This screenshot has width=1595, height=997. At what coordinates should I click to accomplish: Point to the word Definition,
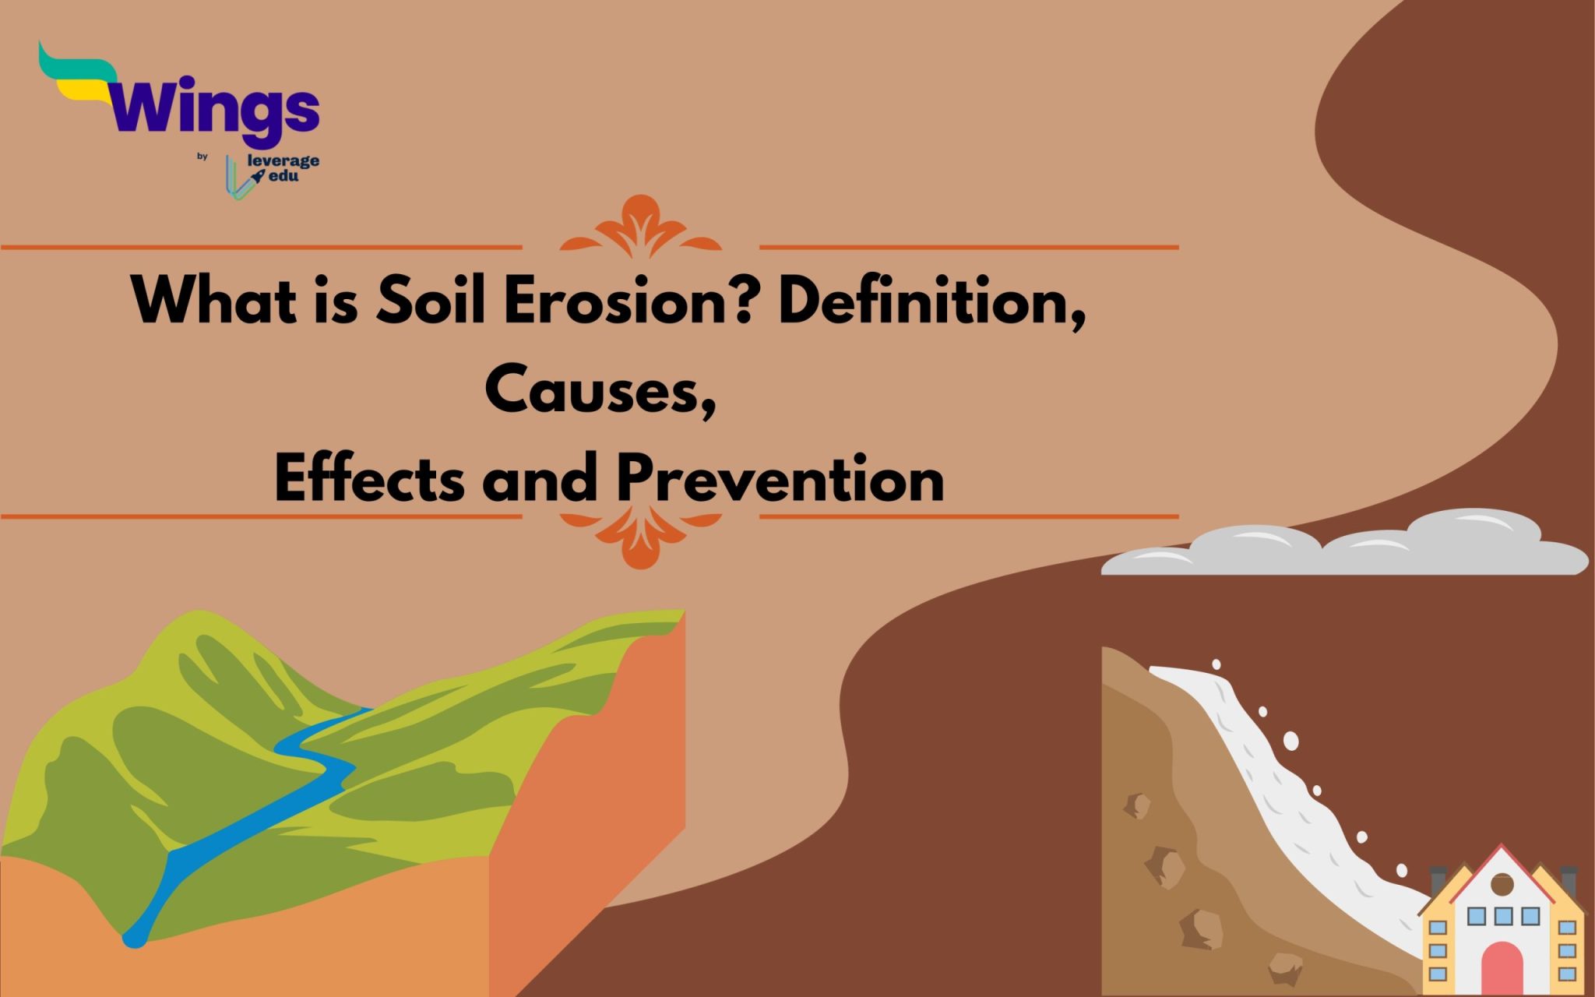click(x=931, y=302)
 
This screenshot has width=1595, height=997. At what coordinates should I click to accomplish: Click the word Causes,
click(x=600, y=391)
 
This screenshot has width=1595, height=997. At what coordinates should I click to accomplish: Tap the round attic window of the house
click(x=1502, y=884)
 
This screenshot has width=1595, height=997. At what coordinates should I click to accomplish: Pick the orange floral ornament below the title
click(x=640, y=537)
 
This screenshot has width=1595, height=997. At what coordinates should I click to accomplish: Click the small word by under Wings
click(x=202, y=157)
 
